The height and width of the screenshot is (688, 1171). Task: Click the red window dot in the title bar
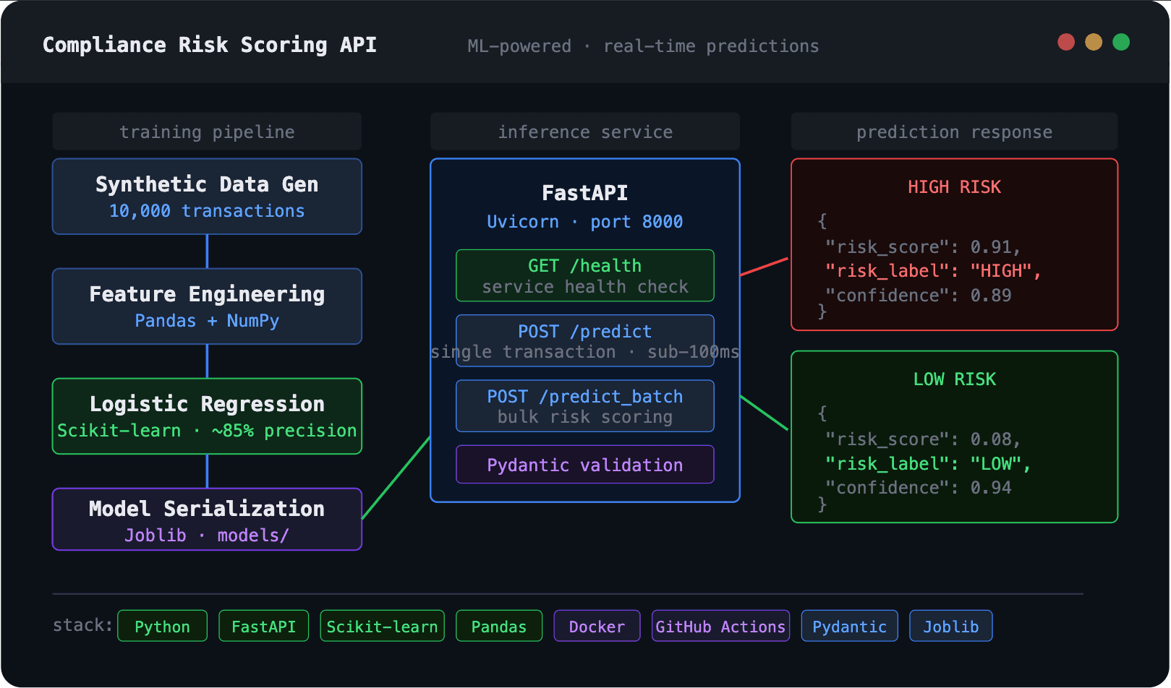(1065, 42)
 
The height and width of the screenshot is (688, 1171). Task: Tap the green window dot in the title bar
(1120, 42)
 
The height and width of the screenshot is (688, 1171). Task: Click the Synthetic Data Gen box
(207, 197)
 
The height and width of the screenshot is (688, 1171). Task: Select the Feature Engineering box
(207, 306)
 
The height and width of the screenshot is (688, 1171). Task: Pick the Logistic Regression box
(207, 416)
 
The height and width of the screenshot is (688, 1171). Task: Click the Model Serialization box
(207, 520)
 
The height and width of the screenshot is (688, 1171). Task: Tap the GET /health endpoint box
(584, 275)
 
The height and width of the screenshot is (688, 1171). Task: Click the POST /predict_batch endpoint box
(584, 406)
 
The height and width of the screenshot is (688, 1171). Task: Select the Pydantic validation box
(584, 465)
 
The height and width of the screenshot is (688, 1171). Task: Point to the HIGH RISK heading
(953, 187)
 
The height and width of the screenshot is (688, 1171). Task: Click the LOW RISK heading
(953, 379)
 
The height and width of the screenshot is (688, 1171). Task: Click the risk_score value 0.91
(990, 247)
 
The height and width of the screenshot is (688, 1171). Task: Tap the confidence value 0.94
(990, 488)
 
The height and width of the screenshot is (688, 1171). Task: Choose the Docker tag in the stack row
(597, 627)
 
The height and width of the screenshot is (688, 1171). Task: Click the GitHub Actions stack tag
(720, 627)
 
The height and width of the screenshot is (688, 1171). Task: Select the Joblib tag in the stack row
(950, 627)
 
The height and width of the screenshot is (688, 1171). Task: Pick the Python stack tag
(162, 627)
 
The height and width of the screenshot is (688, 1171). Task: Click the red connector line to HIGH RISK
(764, 267)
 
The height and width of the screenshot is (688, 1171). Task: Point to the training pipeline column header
(207, 132)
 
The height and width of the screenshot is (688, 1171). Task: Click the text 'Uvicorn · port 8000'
(584, 222)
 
